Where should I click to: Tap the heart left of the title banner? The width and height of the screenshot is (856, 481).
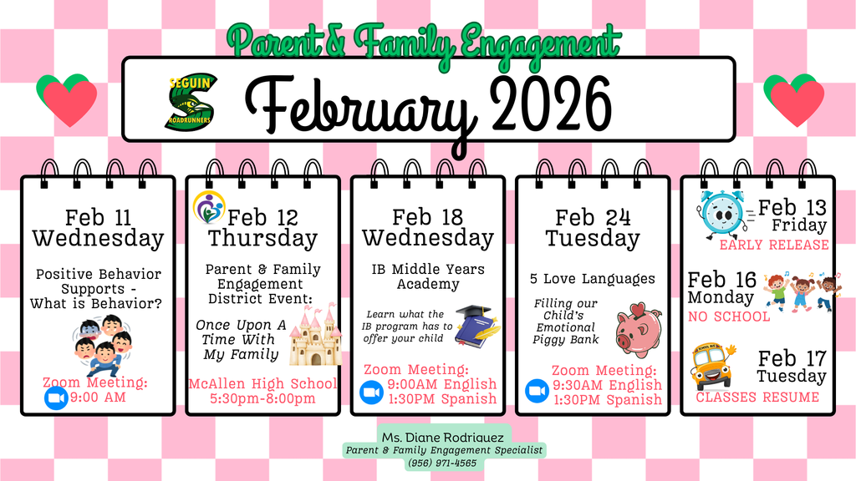pos(66,99)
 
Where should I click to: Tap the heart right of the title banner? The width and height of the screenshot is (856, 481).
pos(792,99)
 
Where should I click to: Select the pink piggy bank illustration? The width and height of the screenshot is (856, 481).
pos(639,330)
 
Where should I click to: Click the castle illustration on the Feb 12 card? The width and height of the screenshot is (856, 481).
pos(315,335)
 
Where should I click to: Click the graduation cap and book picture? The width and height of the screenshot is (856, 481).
pos(477,325)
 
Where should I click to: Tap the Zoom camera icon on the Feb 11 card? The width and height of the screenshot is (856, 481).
pos(55,398)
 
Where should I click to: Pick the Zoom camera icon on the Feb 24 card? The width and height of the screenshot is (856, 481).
pos(537,391)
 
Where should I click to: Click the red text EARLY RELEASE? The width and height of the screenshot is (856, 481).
pos(774,245)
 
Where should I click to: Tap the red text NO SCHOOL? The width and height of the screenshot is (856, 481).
pos(729,316)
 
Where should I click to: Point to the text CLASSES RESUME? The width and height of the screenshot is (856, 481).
pos(757,397)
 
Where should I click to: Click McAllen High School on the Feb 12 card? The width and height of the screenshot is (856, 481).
pos(262,383)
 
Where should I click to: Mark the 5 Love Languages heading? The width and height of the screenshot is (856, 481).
pos(592,278)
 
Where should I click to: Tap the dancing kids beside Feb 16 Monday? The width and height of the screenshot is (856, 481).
pos(802,292)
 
